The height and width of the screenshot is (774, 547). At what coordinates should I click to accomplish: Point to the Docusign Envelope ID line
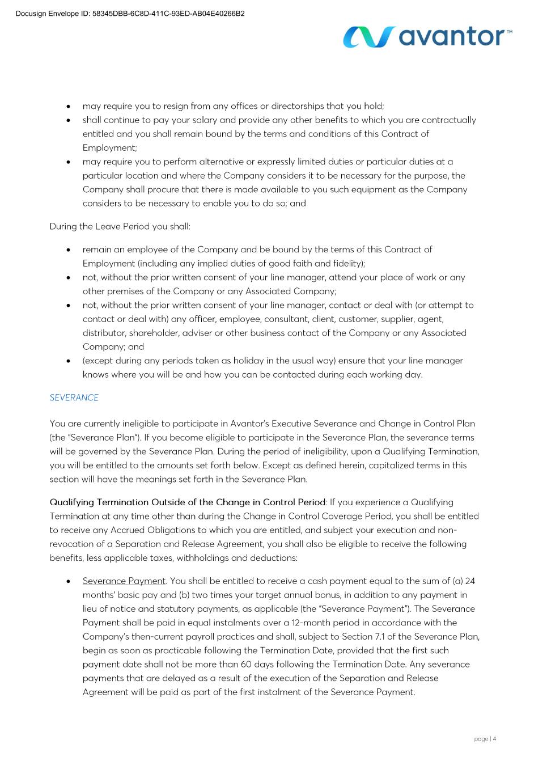(130, 14)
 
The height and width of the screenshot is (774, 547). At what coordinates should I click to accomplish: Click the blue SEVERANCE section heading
(74, 397)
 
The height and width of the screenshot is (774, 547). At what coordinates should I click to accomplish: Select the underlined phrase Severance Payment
(124, 581)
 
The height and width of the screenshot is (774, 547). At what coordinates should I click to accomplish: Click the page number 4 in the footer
(494, 739)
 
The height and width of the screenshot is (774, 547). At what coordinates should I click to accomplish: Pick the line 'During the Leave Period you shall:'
(120, 226)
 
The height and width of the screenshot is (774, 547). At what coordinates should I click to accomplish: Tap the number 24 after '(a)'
(469, 581)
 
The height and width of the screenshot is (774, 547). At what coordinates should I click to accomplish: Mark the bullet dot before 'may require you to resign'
(69, 106)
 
